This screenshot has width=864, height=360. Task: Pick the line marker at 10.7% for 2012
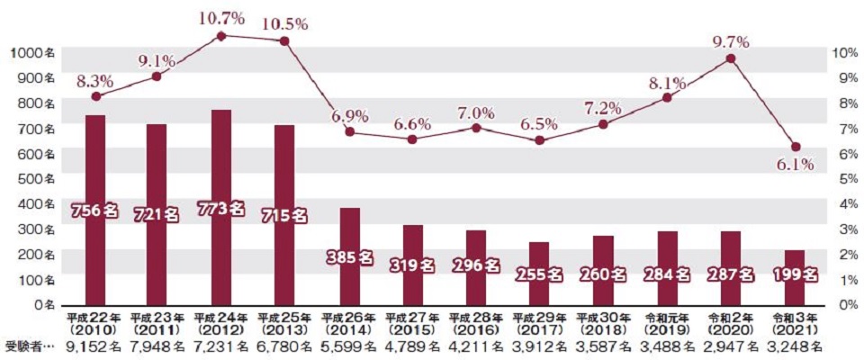[221, 36]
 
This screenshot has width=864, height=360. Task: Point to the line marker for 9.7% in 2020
[730, 58]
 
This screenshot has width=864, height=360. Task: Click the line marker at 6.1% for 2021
[794, 147]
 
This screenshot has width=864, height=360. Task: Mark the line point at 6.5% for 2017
[539, 140]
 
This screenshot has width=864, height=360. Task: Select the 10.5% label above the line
[284, 24]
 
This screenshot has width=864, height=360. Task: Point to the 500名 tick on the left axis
[35, 178]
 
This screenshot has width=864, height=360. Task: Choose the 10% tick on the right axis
[841, 53]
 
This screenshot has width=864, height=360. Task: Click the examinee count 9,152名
[94, 346]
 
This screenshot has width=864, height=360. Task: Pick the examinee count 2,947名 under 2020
[730, 346]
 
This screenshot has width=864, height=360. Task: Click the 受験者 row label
[29, 346]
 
